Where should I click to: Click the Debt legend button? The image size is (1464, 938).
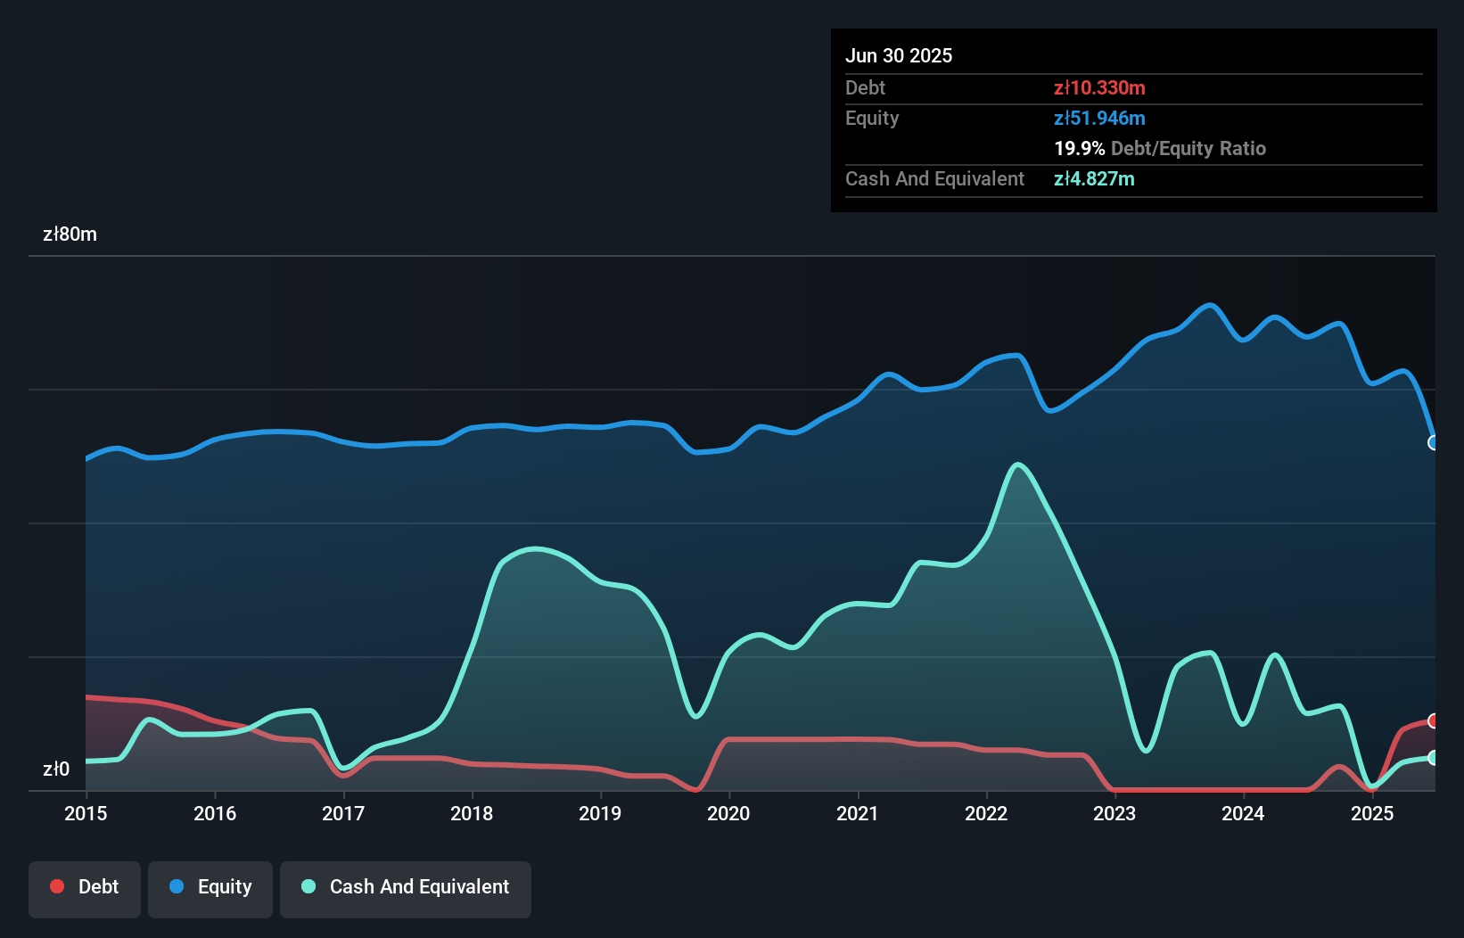coord(85,887)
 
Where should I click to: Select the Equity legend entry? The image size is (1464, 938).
coord(210,887)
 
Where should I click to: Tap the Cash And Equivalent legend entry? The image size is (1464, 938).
coord(406,887)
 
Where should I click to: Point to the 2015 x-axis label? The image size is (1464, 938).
coord(86,813)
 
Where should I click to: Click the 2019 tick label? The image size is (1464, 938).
coord(600,813)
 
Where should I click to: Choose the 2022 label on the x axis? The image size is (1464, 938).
coord(986,813)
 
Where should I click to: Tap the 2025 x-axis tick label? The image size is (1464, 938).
coord(1371,813)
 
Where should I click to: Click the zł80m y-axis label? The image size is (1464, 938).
coord(70,234)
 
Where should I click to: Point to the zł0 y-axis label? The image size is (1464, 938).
coord(56,769)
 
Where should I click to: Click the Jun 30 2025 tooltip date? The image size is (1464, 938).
coord(899,55)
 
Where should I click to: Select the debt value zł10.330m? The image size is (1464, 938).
coord(1099,87)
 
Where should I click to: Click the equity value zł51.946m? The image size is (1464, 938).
coord(1099,118)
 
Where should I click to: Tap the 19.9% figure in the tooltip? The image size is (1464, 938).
coord(1079,148)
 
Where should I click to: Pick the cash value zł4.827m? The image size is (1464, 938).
coord(1094,178)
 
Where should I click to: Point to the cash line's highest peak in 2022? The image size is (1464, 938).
coord(1017,464)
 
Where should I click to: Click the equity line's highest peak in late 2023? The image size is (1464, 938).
coord(1209,305)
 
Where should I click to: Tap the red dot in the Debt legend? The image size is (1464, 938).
coord(57,886)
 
